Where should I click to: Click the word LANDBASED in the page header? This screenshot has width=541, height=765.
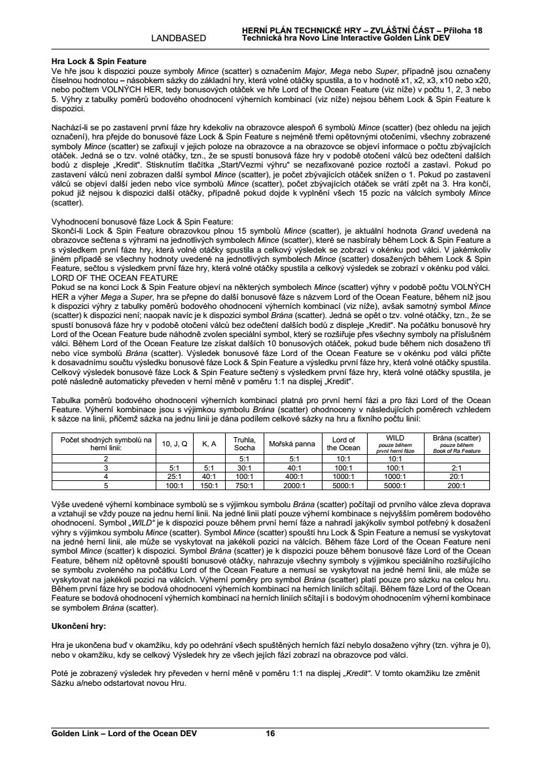pos(179,38)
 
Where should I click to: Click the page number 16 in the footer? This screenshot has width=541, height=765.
pos(270,734)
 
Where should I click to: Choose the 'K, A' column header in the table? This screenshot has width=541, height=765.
pos(209,443)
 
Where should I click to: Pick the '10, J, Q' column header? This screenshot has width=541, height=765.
pos(175,443)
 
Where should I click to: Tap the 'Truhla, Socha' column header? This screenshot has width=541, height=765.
pos(244,443)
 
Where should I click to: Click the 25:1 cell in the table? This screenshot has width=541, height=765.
pos(175,477)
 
